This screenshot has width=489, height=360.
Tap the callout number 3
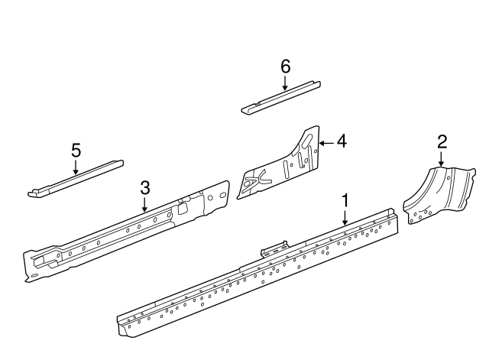[144, 188]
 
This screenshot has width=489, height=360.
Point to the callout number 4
[341, 141]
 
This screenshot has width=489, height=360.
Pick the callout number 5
[76, 150]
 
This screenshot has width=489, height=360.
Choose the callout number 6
[285, 66]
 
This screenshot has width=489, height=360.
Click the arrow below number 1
[345, 216]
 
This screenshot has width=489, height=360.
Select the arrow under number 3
[144, 204]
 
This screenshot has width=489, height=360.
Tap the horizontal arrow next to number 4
[325, 141]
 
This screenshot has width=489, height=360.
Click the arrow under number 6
[285, 83]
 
